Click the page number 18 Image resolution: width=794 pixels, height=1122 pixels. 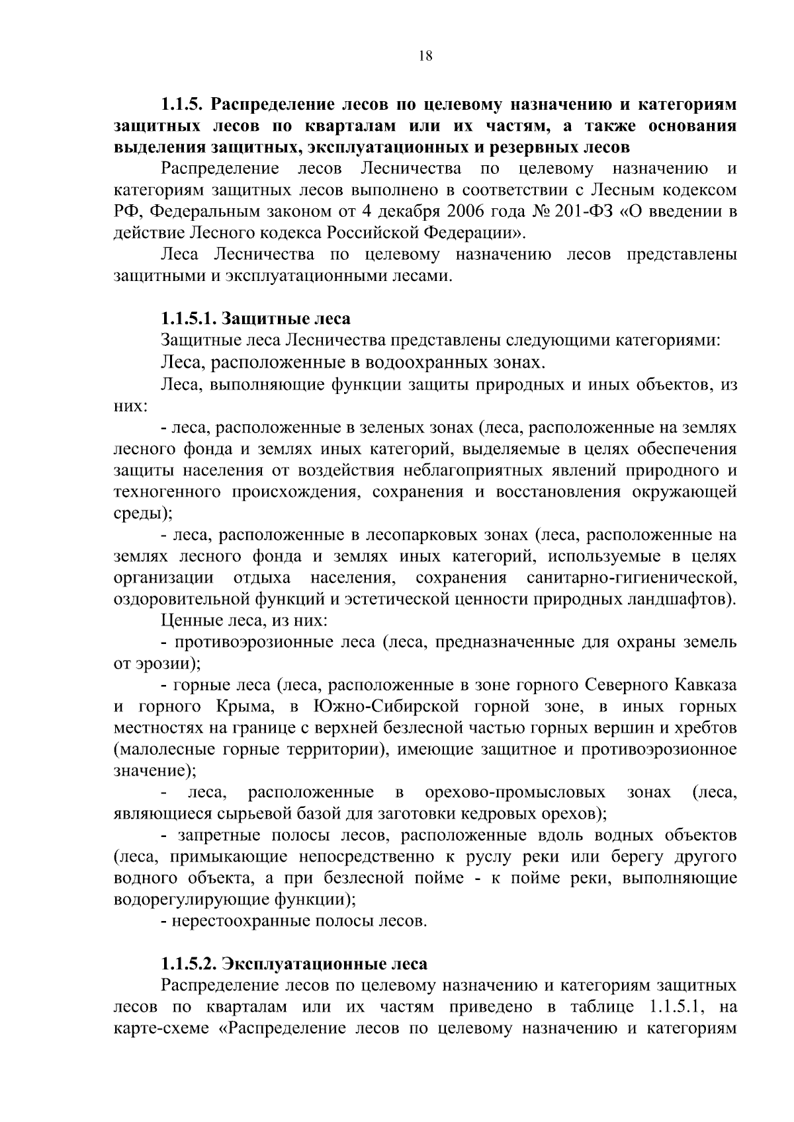click(425, 57)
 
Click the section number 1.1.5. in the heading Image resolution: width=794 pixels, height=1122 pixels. click(185, 105)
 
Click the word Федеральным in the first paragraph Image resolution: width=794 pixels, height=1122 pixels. click(200, 212)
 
